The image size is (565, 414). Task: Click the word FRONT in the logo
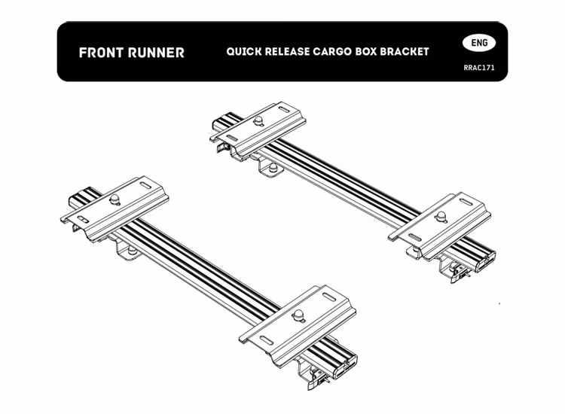point(100,53)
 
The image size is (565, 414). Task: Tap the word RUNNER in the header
point(156,53)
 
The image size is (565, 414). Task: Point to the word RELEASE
point(287,52)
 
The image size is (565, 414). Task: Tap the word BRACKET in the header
point(405,52)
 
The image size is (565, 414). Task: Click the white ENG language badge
point(479,43)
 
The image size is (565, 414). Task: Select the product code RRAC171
point(479,68)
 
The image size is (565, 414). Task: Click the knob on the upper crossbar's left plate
point(258,121)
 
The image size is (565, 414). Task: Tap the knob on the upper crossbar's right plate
point(441,217)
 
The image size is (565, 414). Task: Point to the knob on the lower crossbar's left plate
point(115,199)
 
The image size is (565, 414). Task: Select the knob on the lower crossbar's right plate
point(298,315)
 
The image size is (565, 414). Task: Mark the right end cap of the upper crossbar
point(486,262)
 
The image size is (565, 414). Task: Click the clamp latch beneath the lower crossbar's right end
point(318,379)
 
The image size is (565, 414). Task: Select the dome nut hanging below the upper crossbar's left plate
point(273,168)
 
